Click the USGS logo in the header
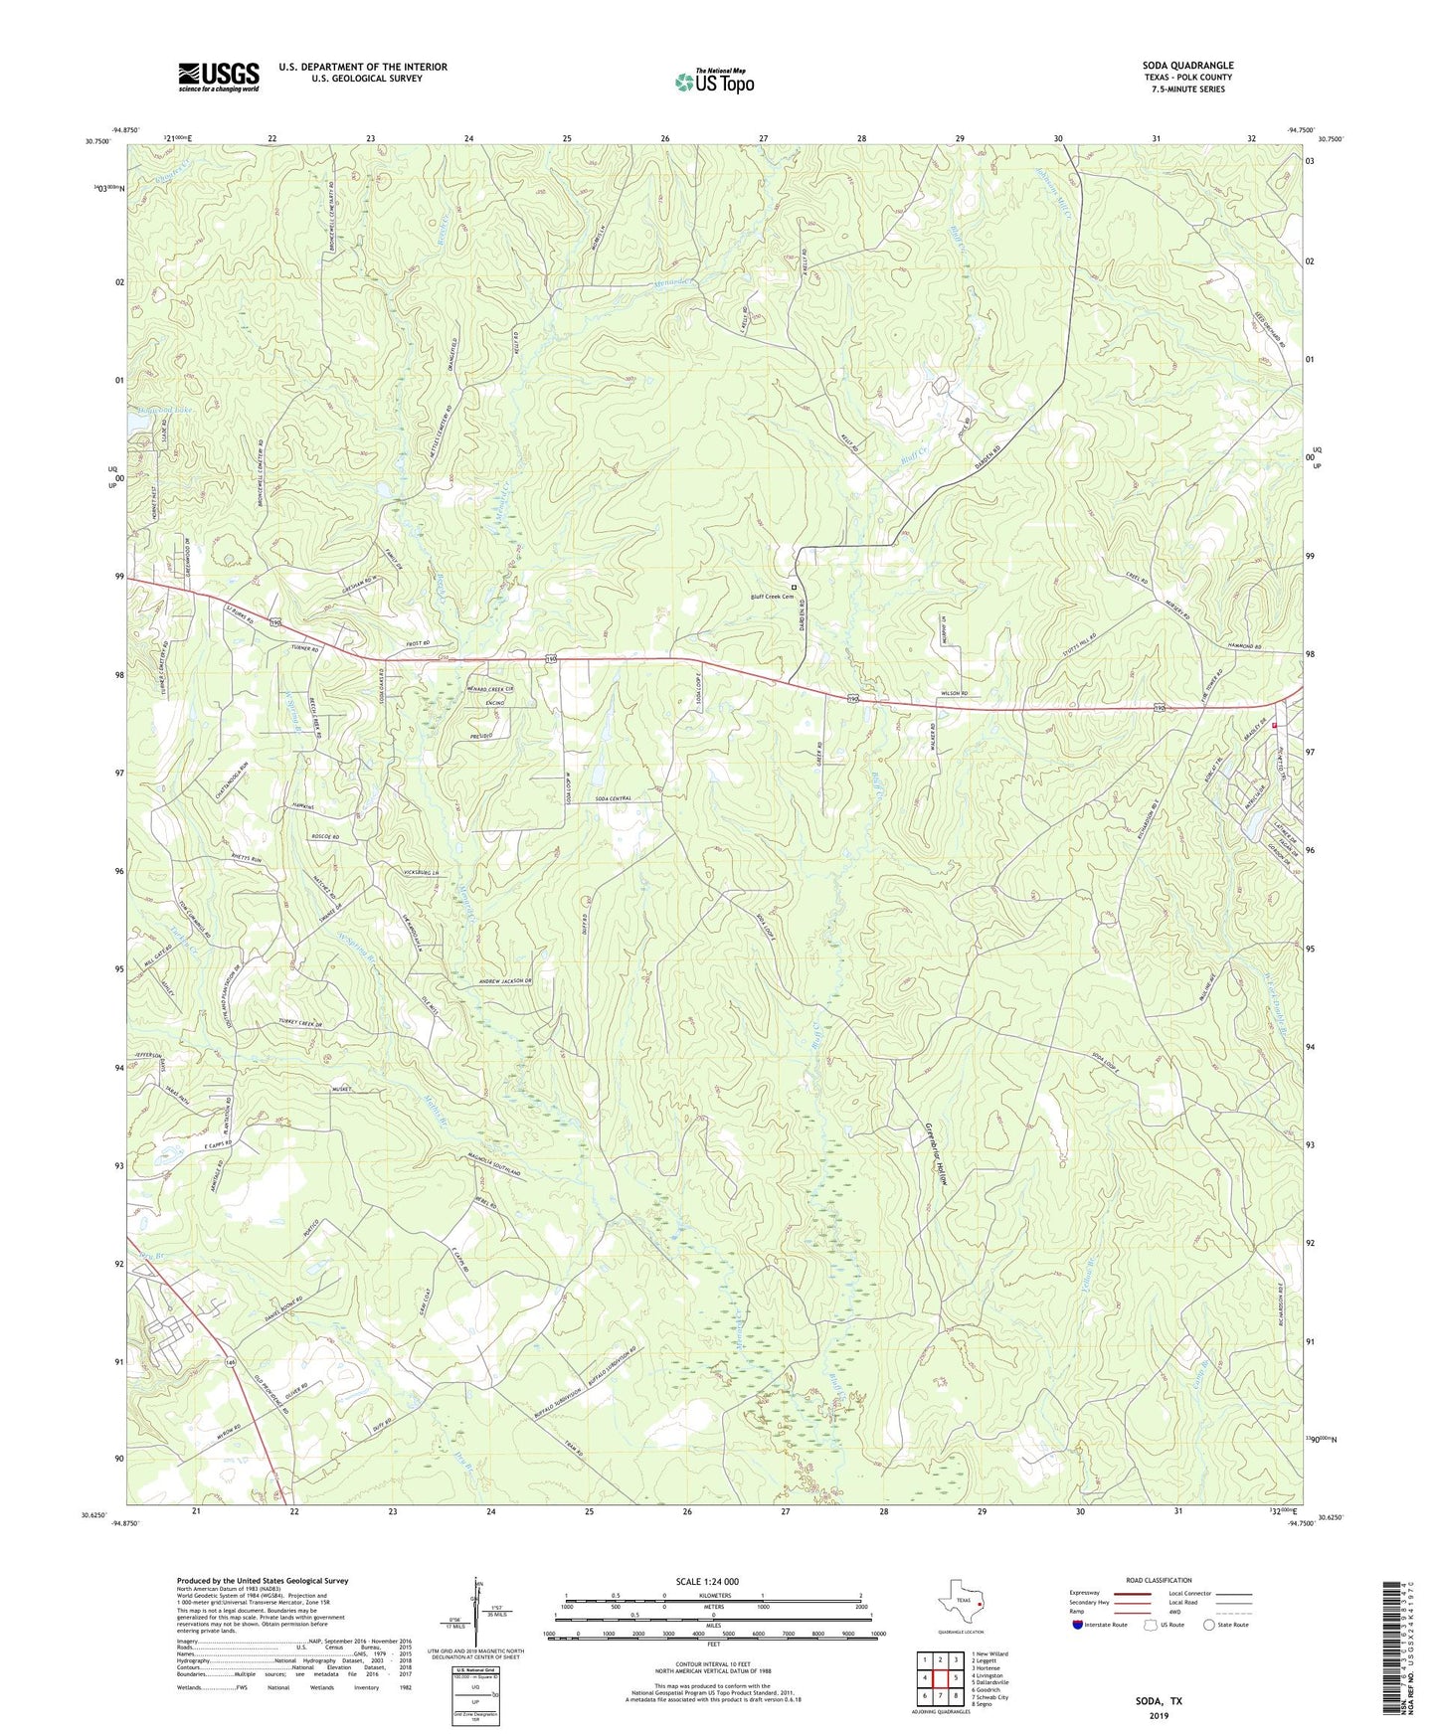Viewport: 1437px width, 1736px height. coord(219,77)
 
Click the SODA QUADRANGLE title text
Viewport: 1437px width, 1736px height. coord(1187,66)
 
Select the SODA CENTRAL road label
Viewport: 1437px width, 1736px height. coord(614,798)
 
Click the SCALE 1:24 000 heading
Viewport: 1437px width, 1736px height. coord(707,1581)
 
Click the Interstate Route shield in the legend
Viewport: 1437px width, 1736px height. coord(1079,1626)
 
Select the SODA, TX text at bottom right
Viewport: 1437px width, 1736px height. coord(1159,1701)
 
